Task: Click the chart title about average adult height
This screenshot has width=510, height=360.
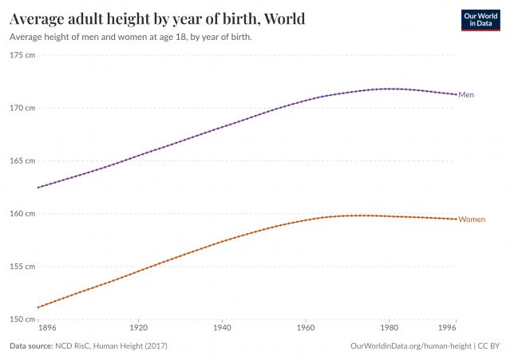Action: coord(156,18)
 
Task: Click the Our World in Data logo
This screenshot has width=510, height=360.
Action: coord(481,20)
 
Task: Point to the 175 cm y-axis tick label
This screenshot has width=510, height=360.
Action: coord(22,55)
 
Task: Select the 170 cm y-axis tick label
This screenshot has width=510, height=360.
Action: coord(22,108)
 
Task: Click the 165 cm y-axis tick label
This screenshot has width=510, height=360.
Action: coord(22,160)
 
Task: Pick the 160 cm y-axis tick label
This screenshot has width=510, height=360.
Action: coord(22,214)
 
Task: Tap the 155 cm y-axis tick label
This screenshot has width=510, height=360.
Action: coord(22,267)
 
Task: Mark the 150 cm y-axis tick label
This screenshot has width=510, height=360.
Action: coord(22,319)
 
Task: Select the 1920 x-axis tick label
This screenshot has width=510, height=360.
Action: coord(139,327)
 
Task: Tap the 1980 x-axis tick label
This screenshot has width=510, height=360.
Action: coord(389,327)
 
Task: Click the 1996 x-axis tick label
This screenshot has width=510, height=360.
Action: coord(450,327)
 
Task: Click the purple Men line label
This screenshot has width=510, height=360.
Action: coord(466,95)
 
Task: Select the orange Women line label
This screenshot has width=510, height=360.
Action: coord(471,219)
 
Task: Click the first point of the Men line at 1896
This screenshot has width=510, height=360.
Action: coord(38,188)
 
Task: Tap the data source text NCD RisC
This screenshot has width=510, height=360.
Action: coord(88,346)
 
